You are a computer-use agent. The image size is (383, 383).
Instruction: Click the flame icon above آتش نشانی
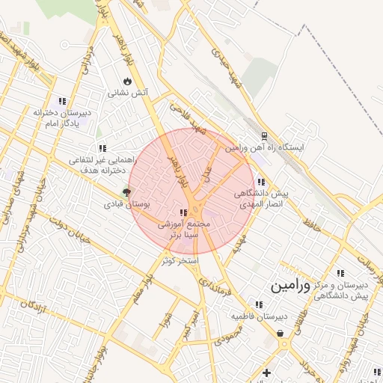tap(127, 81)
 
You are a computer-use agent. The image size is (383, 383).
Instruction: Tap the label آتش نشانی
tap(128, 94)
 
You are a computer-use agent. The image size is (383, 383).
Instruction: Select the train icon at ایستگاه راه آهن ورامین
tap(264, 136)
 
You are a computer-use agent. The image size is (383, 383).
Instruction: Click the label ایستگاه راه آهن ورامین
tap(266, 148)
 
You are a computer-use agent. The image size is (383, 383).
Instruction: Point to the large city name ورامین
tap(289, 286)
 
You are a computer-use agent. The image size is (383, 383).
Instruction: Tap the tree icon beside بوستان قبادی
tap(126, 192)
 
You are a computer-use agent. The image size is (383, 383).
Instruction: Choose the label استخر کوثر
tap(179, 260)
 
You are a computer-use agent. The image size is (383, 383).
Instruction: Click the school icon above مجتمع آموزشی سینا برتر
tap(184, 212)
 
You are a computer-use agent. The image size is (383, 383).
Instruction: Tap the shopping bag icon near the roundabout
tap(281, 334)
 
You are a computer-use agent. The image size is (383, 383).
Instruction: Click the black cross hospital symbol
tap(266, 372)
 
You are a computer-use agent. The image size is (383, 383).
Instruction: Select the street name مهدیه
tap(239, 242)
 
